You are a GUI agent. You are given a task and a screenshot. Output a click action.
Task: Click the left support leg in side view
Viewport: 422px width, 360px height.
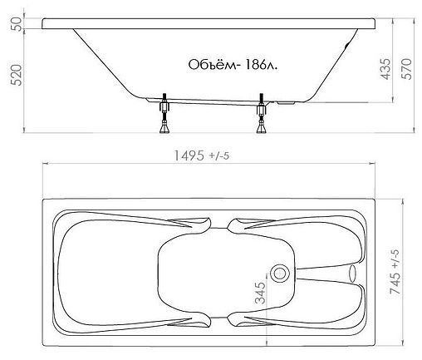pos(163,118)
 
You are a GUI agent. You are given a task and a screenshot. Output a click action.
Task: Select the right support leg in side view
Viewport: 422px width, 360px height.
pos(263,118)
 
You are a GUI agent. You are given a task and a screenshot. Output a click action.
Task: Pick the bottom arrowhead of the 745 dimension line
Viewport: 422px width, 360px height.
pos(407,343)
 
